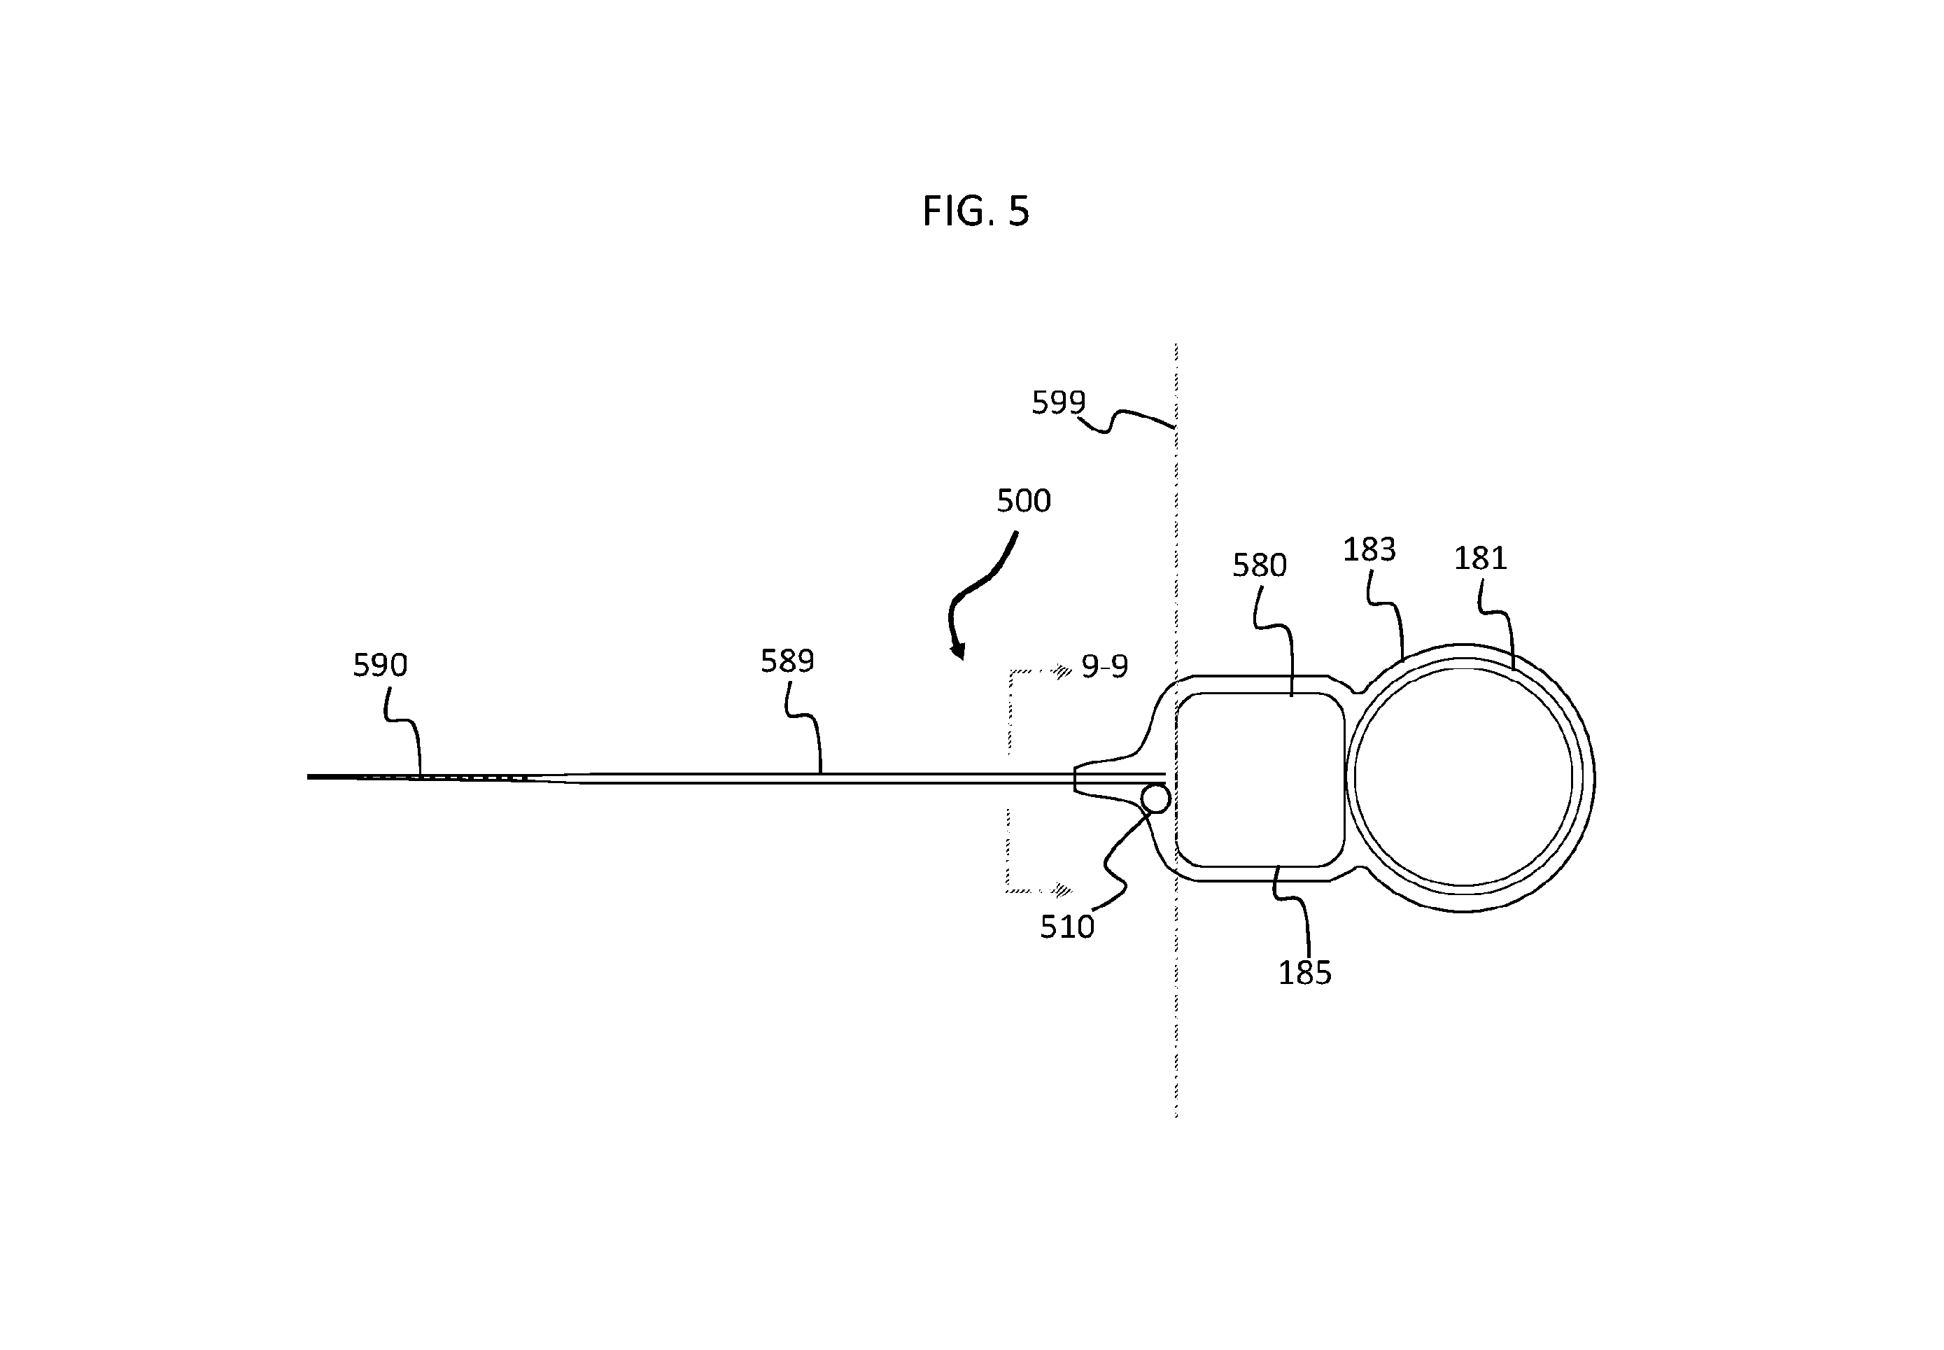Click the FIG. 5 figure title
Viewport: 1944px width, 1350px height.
point(975,211)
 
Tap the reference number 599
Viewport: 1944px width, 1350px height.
point(1058,402)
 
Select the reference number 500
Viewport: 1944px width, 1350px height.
point(1023,501)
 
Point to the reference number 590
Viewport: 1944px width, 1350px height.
point(380,666)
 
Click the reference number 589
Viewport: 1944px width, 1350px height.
point(787,661)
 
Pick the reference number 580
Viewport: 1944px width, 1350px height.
point(1259,565)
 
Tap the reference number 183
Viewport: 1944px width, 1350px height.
point(1369,550)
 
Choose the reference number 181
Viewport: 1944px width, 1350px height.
point(1480,558)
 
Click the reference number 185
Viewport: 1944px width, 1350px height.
point(1304,973)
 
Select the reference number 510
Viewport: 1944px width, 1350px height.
point(1067,927)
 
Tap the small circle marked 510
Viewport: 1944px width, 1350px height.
point(1156,798)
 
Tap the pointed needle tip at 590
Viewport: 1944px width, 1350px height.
point(309,777)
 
